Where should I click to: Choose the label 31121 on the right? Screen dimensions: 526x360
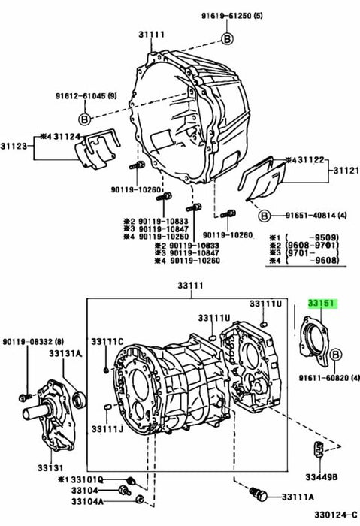point(342,171)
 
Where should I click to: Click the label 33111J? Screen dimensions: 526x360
point(107,428)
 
